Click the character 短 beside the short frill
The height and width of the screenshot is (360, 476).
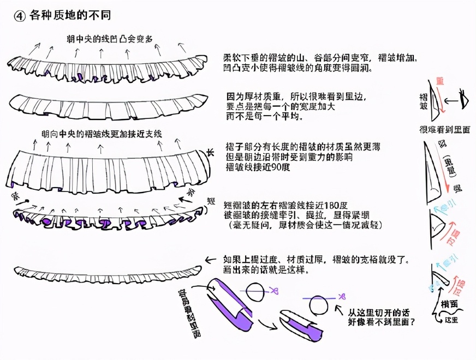[x=211, y=201]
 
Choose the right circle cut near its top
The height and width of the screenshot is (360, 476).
[x=322, y=307]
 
